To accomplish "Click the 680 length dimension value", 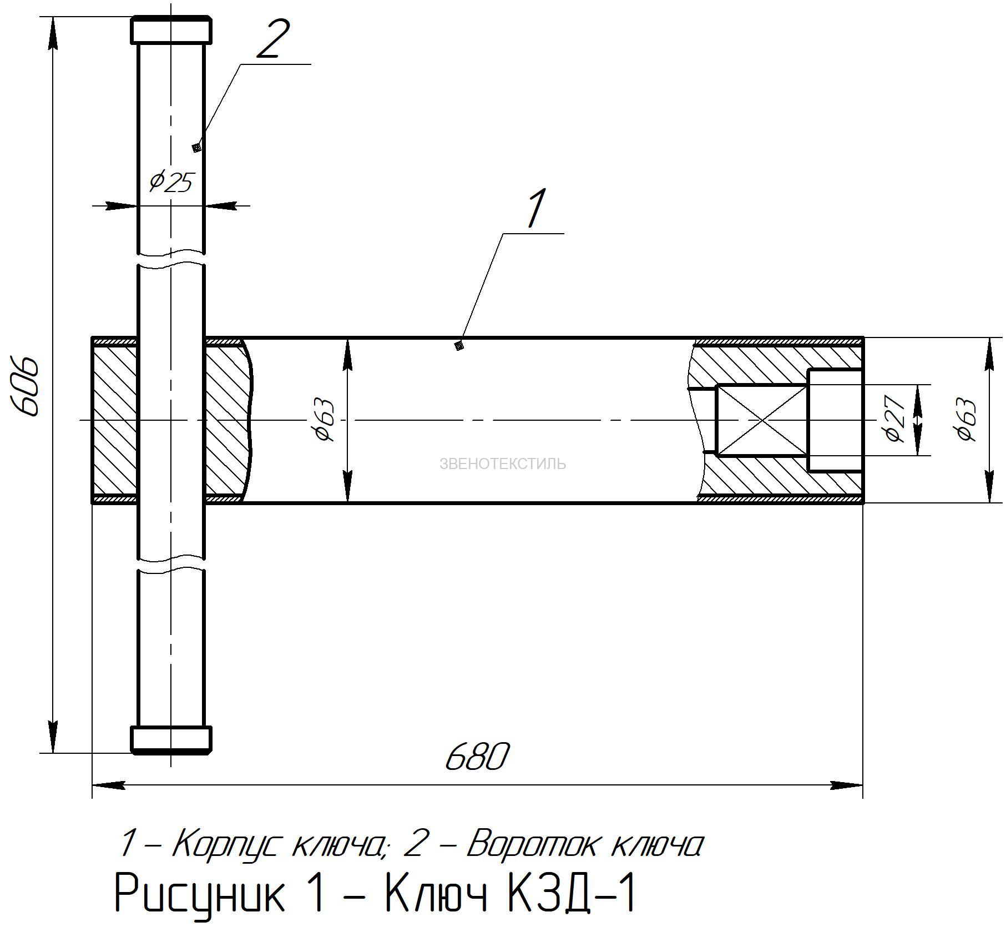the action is click(476, 757).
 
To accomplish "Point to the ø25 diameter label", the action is click(172, 181).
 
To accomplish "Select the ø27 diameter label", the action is click(894, 419).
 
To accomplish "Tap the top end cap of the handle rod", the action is click(171, 30).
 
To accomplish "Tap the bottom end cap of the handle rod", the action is click(171, 740).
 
